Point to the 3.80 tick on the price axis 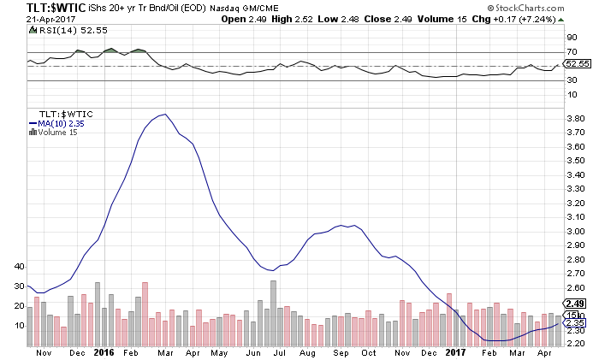click(575, 118)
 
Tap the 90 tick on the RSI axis click(571, 38)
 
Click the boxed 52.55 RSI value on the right click(578, 63)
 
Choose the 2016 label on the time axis click(104, 351)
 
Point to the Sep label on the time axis click(339, 351)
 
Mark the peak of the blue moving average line click(163, 115)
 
